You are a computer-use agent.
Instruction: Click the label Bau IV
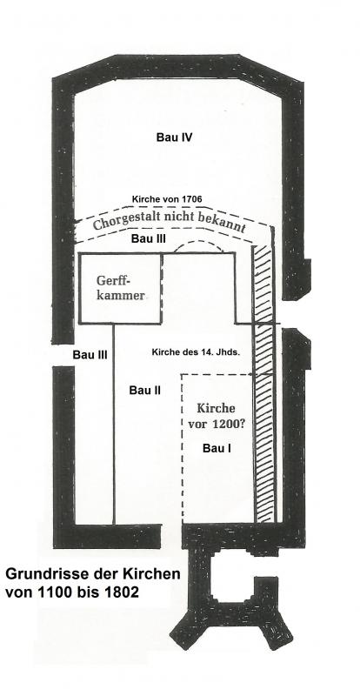pos(174,137)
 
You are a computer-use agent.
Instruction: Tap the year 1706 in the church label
pos(191,199)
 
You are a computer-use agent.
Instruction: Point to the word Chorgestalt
pos(119,218)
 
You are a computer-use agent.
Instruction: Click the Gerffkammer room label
pos(121,288)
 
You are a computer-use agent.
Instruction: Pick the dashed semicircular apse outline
pos(198,243)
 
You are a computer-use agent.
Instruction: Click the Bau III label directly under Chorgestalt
pos(149,238)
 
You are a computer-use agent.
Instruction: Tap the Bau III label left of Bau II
pos(90,355)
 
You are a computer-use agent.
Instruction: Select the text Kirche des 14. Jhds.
pos(196,353)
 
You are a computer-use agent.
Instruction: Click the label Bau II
pos(145,391)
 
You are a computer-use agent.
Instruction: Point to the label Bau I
pos(217,448)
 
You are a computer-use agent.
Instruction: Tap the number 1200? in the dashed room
pos(227,424)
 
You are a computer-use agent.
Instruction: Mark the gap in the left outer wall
pos(63,355)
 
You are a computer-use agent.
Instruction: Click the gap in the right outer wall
pos(293,314)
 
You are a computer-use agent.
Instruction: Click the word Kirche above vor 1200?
pos(216,408)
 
